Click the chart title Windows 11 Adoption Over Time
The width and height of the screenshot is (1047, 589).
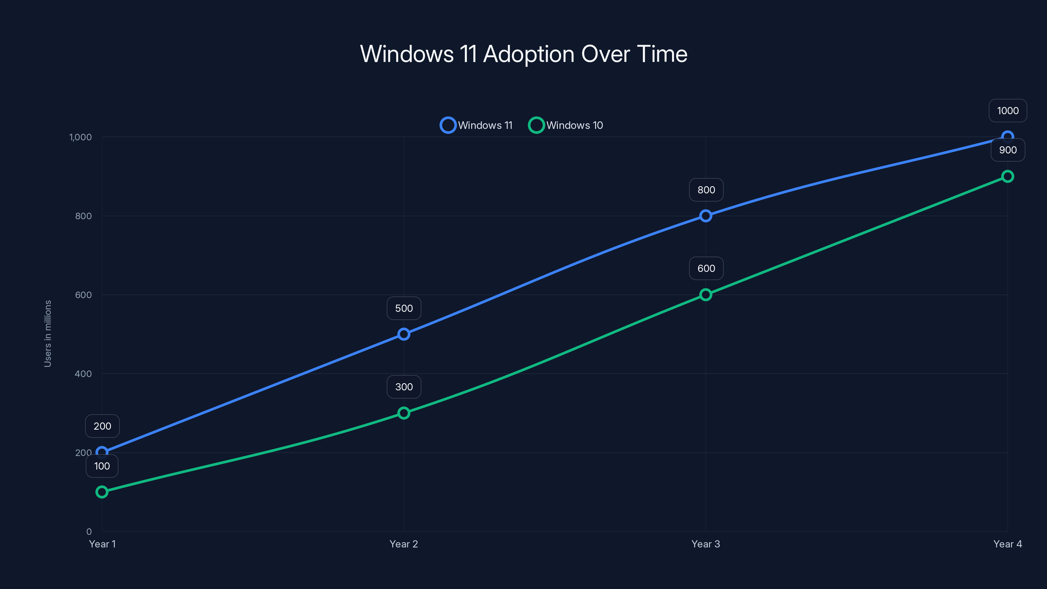(x=523, y=54)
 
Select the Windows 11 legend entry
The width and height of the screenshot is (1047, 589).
(x=476, y=125)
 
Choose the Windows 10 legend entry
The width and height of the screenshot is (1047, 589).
(x=566, y=125)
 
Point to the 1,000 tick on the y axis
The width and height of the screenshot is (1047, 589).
(x=80, y=137)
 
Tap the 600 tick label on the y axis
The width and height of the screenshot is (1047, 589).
(x=83, y=295)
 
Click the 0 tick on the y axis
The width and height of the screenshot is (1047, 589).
(x=89, y=532)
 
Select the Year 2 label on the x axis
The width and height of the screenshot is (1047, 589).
(x=404, y=544)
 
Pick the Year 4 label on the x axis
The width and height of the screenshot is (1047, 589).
(x=1007, y=544)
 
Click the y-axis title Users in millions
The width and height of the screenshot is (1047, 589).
(x=47, y=334)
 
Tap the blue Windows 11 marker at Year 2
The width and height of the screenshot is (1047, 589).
(x=404, y=334)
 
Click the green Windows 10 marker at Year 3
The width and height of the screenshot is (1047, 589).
(x=706, y=295)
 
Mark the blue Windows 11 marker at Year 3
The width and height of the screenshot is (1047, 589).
(x=706, y=216)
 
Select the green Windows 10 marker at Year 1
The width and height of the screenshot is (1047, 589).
(x=102, y=492)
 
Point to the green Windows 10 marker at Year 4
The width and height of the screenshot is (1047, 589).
(x=1007, y=176)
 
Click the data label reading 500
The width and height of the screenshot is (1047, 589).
(x=404, y=309)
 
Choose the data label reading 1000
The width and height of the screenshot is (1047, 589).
(x=1008, y=111)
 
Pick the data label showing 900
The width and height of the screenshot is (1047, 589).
(x=1008, y=150)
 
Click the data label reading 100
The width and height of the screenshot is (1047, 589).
(x=102, y=466)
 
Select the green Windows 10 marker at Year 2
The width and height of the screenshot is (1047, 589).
(x=404, y=413)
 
